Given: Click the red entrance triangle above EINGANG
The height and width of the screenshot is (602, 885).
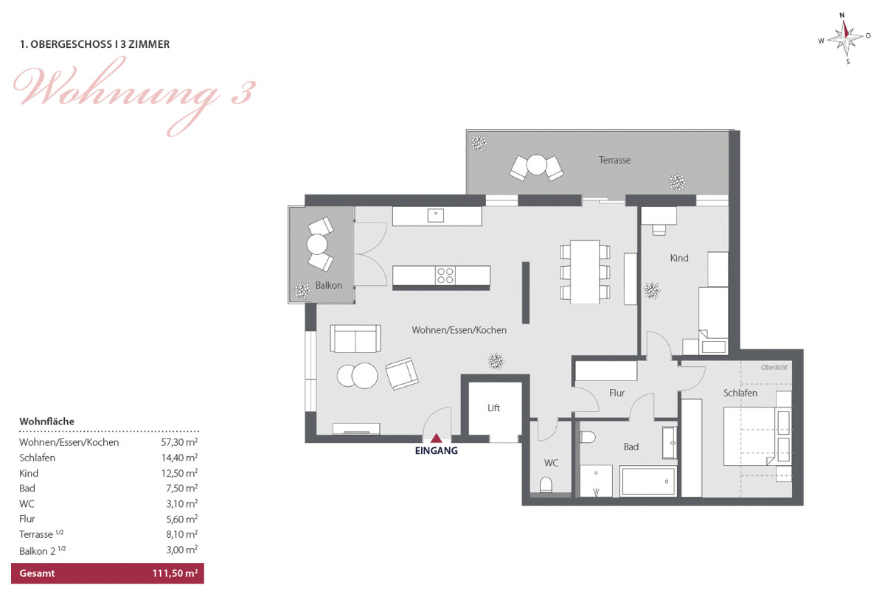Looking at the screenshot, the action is [x=436, y=438].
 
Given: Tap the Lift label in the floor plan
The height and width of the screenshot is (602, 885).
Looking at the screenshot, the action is [x=494, y=407].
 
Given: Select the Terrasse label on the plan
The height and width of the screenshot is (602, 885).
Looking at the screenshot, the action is [x=614, y=161].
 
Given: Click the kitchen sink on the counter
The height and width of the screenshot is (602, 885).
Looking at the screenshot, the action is [x=436, y=216].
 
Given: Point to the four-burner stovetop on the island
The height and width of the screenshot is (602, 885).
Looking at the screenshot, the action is [x=445, y=275].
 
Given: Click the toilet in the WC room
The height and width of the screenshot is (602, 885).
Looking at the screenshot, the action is [x=546, y=484].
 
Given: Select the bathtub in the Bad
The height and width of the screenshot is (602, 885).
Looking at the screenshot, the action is [x=648, y=481].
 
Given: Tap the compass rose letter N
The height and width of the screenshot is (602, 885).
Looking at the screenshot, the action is [x=842, y=15].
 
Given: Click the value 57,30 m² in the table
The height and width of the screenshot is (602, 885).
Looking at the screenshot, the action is [x=179, y=441].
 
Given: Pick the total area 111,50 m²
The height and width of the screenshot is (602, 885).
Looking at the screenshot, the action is [x=175, y=573].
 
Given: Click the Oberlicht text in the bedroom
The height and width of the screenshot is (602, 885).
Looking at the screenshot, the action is [x=774, y=368].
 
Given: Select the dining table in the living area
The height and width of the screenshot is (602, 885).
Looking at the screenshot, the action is [x=585, y=272].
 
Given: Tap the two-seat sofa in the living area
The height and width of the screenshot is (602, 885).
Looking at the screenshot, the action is [x=355, y=338].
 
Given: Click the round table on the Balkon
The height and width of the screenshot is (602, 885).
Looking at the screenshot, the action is [x=317, y=245].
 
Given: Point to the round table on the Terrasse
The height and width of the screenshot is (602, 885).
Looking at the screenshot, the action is [x=537, y=164].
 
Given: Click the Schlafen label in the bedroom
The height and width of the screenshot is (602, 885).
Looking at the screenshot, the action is [x=740, y=393].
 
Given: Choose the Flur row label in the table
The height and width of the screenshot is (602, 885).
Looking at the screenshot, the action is [x=27, y=519].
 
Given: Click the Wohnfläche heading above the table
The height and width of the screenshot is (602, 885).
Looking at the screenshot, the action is [x=46, y=421].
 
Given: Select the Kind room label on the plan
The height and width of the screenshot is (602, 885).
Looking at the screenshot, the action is [x=679, y=258].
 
